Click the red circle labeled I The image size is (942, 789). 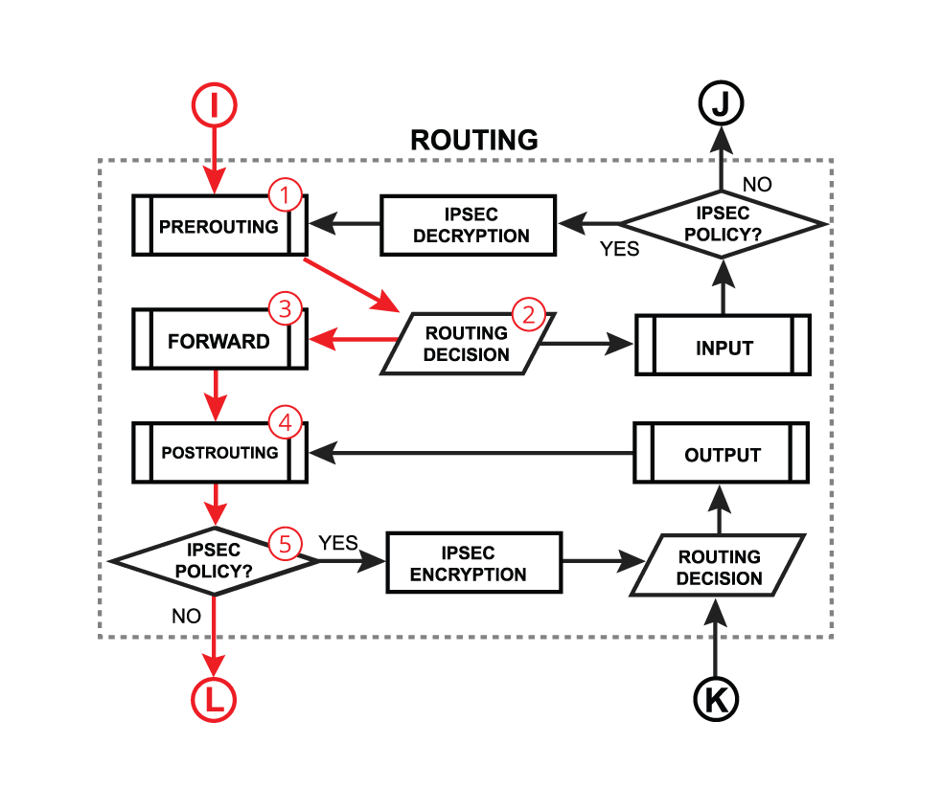click(x=215, y=104)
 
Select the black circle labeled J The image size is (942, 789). click(x=721, y=102)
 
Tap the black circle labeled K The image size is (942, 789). click(x=715, y=699)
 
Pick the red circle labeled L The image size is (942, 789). click(x=214, y=700)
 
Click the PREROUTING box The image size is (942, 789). click(x=219, y=227)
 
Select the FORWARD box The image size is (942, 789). click(x=219, y=341)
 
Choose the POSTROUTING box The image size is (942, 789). click(x=219, y=452)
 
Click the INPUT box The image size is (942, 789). click(x=724, y=349)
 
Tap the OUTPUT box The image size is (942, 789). click(x=722, y=455)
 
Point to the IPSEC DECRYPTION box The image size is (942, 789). click(x=470, y=225)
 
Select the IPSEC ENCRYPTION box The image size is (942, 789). click(x=470, y=564)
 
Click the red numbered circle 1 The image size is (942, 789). click(x=285, y=195)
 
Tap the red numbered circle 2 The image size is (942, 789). click(x=529, y=313)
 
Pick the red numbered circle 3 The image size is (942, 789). click(x=285, y=308)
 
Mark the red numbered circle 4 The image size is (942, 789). click(x=285, y=420)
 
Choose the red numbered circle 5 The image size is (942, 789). click(x=285, y=543)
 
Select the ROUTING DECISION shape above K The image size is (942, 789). click(x=719, y=568)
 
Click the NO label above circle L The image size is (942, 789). click(x=186, y=617)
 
